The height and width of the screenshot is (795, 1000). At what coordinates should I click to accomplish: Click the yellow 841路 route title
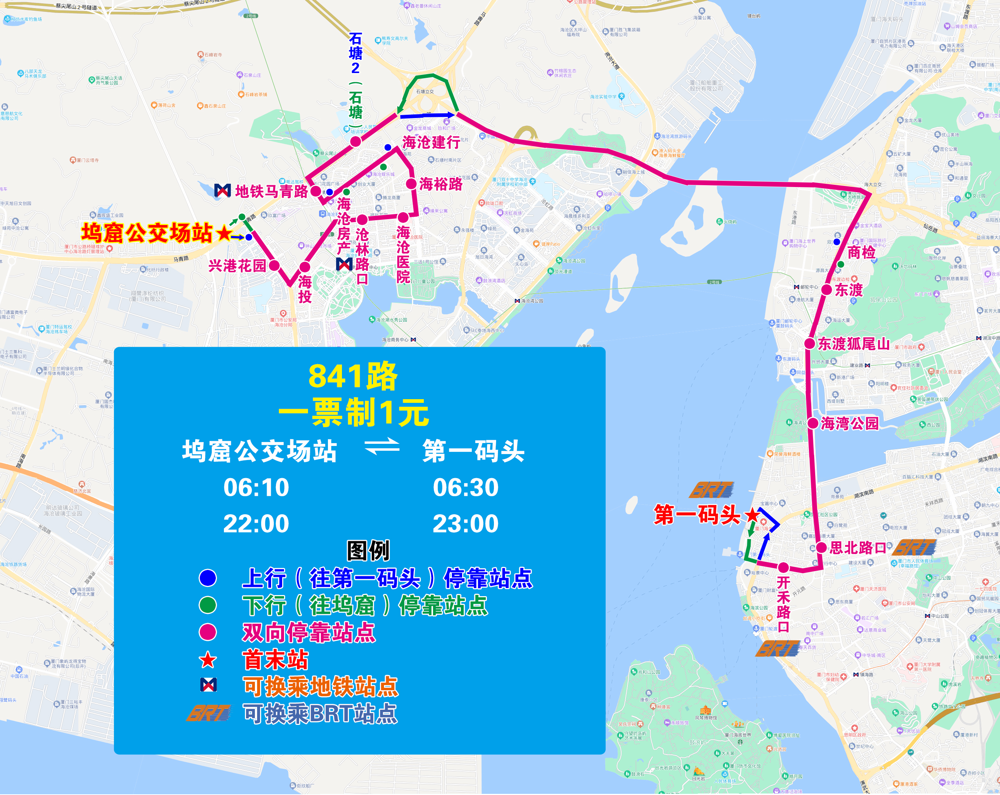353,376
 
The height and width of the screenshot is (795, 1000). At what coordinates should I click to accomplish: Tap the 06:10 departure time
256,487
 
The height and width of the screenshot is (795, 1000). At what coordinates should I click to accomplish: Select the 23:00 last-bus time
465,523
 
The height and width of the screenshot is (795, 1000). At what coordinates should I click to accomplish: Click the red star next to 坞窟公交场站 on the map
224,233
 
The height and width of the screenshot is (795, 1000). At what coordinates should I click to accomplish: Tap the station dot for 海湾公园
813,423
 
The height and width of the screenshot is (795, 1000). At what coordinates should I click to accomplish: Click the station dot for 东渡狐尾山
809,344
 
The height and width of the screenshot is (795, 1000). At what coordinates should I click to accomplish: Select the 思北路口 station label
858,548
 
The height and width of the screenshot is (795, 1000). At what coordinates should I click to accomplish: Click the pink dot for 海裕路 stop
411,184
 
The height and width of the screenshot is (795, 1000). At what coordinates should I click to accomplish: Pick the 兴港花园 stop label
237,266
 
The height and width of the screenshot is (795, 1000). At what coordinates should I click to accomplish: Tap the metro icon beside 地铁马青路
223,190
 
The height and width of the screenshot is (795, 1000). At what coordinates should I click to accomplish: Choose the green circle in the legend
208,605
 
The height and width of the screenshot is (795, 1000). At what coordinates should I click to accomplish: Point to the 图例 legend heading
368,550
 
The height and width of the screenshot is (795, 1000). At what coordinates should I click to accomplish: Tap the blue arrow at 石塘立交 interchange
427,115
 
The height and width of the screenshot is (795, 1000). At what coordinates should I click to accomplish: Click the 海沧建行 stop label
431,142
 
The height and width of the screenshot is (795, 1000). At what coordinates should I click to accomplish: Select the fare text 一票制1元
353,412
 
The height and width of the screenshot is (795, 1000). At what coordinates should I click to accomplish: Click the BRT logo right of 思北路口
915,547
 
